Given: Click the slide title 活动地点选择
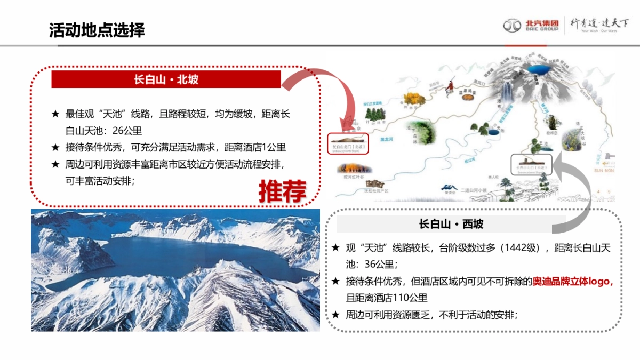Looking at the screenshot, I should pos(97,30).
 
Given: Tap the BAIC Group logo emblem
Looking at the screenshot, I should pos(512,25).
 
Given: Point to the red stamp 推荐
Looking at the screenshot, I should pos(282,191).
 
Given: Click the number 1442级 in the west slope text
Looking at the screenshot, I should pos(518,248).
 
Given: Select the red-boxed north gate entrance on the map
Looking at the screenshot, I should pos(348,143).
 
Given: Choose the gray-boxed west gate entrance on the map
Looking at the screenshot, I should pos(531,164).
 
